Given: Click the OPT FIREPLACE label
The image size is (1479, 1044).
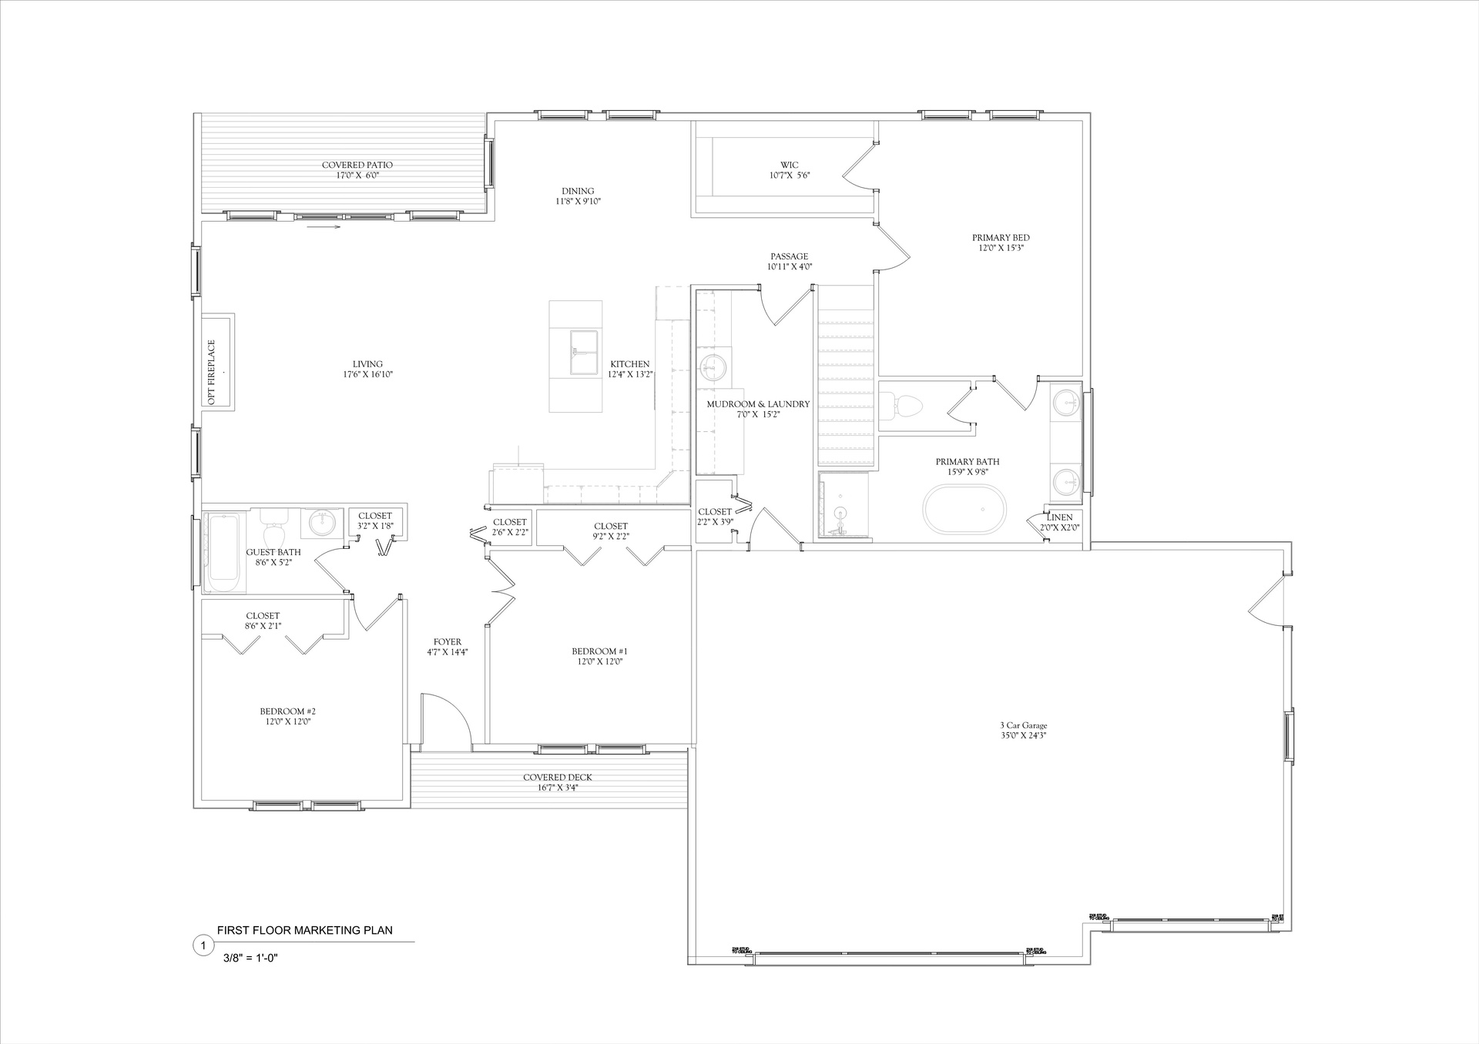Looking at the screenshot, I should [x=212, y=372].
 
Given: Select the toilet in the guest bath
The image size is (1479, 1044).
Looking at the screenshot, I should [x=273, y=530].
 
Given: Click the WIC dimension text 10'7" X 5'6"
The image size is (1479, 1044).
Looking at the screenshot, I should [x=789, y=176].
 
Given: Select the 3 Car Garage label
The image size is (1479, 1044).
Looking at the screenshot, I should [x=1023, y=725].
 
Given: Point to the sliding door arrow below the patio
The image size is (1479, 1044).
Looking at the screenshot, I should [x=324, y=227].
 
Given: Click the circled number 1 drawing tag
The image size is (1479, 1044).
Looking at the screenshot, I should [x=202, y=945].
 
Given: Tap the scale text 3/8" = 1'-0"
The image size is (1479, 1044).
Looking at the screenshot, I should [x=250, y=958].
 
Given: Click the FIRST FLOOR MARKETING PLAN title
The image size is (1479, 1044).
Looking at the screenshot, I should [x=304, y=930].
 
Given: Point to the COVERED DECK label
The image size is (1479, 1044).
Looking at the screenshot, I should [x=557, y=778].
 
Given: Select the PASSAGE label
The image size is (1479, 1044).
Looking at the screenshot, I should [x=789, y=256].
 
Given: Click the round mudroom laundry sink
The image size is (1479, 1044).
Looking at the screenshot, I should [x=710, y=367].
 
